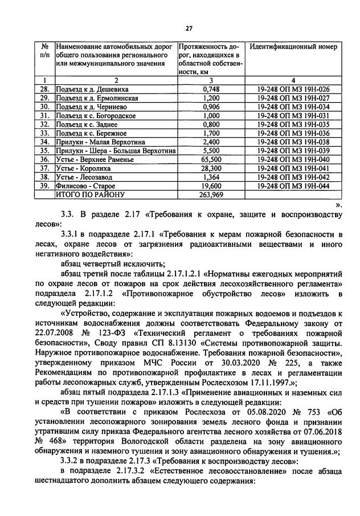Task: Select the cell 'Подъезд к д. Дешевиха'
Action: (x=91, y=90)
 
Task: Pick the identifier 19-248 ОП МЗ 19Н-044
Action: (x=293, y=185)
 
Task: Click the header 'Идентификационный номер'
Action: (x=293, y=46)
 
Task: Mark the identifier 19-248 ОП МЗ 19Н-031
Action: (x=293, y=116)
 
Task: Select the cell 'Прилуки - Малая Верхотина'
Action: (x=100, y=142)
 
